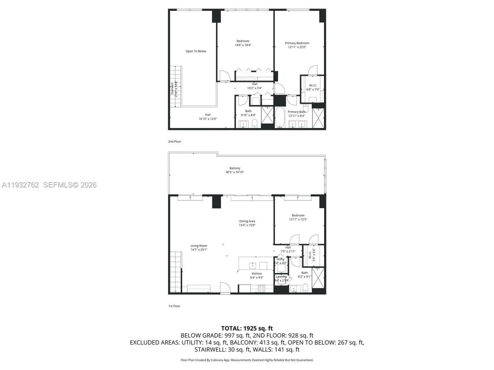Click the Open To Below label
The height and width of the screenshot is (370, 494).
(x=196, y=51)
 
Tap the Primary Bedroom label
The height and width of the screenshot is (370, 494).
(x=297, y=43)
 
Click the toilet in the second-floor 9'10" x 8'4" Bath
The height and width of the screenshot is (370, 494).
(x=254, y=124)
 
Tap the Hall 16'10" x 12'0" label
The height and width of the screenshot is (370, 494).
(x=208, y=116)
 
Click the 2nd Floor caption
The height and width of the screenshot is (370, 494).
(x=174, y=141)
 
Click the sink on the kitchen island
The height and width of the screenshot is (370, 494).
(x=253, y=265)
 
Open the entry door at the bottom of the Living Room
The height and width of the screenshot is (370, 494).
(x=225, y=288)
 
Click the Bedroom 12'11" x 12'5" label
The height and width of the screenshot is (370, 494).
(x=298, y=217)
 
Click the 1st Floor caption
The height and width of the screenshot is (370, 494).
(x=174, y=306)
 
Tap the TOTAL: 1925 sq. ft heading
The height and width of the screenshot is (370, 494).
(x=247, y=328)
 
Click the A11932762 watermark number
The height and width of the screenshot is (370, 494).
(x=20, y=185)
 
